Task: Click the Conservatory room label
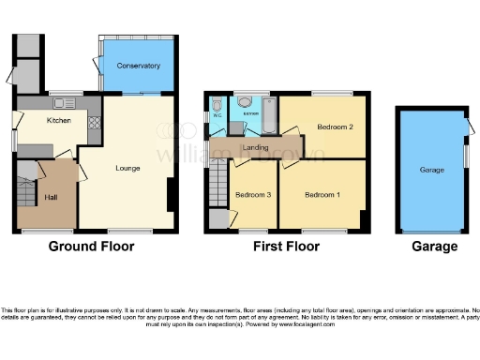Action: click(138, 66)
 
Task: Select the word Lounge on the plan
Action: click(127, 169)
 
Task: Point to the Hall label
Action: click(52, 198)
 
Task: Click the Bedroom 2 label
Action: click(334, 127)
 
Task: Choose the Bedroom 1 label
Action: click(322, 194)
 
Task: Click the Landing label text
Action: click(256, 148)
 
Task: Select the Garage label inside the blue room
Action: click(431, 171)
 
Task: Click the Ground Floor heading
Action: click(91, 247)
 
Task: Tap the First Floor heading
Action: click(286, 247)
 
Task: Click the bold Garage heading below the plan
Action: click(435, 247)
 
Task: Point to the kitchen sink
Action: click(67, 102)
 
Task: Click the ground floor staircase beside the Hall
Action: click(25, 192)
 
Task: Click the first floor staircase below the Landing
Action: click(217, 178)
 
